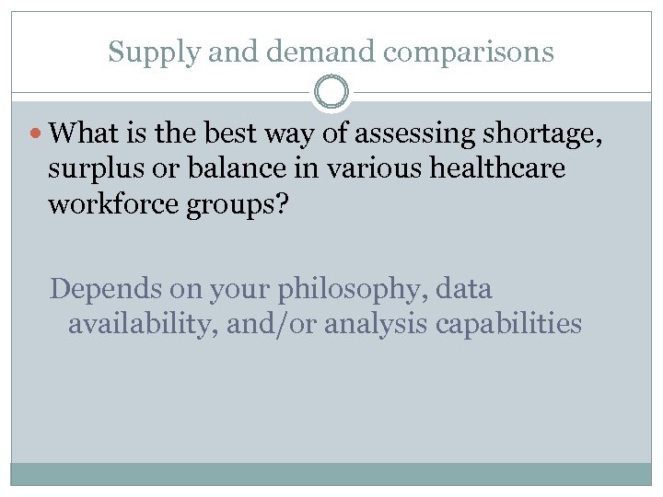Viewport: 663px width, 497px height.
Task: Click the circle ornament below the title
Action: (331, 93)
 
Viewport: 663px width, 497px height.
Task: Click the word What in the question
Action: (84, 135)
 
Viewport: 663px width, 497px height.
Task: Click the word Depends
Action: (103, 290)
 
